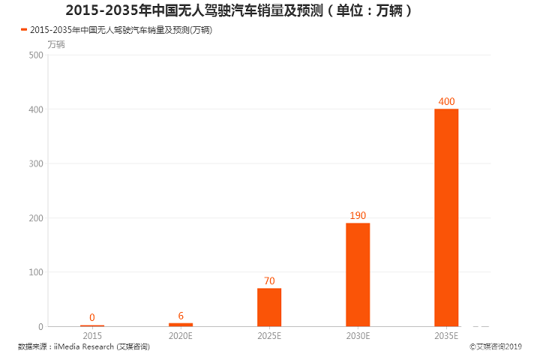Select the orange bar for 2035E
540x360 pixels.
coord(446,217)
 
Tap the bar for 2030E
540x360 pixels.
coord(358,274)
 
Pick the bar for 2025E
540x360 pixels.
coord(269,307)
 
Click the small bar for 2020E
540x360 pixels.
coord(181,325)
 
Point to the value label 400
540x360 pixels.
coord(446,102)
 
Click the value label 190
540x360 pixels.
coord(358,216)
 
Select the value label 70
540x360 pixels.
coord(269,281)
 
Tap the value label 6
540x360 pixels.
coord(181,316)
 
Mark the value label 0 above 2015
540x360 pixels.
coord(92,317)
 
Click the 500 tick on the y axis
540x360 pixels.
coord(34,55)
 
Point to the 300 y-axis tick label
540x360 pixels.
coord(34,163)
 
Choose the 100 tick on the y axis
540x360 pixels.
coord(34,272)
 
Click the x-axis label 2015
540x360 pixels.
coord(92,336)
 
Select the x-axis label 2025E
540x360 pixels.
coord(269,336)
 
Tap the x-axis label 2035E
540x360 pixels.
coord(446,336)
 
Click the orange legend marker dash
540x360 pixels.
coord(23,30)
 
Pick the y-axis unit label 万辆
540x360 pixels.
coord(56,43)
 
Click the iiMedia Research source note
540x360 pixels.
coord(83,347)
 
